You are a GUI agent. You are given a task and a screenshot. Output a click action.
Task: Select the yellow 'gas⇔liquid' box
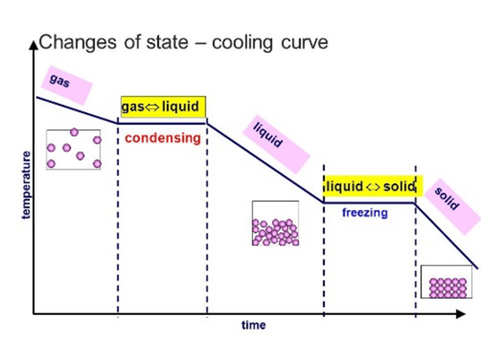tap(164, 107)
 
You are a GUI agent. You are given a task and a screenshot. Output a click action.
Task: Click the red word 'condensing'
tap(162, 138)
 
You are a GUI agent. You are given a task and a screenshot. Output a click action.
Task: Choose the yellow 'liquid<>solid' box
tap(370, 186)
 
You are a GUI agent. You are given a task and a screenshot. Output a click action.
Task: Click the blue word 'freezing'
tap(365, 213)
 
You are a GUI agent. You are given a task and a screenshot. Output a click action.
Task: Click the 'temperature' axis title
tap(26, 184)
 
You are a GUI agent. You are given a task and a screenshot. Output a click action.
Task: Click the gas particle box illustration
tap(73, 150)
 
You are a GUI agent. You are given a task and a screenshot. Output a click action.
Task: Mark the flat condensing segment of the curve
tap(162, 123)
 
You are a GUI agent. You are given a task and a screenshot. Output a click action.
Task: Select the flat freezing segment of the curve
tap(369, 202)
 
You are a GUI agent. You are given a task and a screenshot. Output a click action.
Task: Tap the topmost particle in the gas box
tap(75, 132)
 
